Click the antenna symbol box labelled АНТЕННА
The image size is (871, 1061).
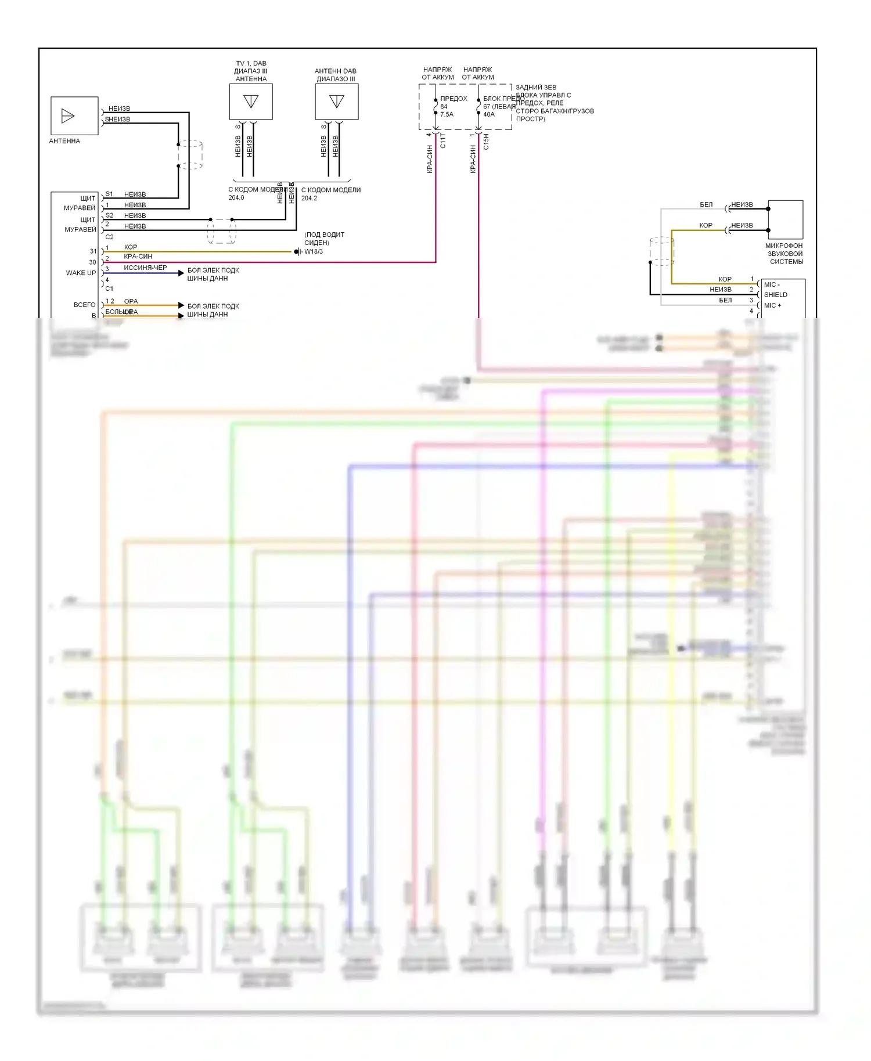click(74, 116)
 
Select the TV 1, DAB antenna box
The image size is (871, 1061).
click(251, 102)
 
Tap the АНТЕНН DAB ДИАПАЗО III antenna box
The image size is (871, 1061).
click(336, 102)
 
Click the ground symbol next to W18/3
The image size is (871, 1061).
click(297, 252)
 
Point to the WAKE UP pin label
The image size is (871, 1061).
click(81, 273)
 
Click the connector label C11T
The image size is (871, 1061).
click(443, 140)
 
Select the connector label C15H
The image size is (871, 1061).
click(486, 142)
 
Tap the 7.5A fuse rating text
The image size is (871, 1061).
click(447, 114)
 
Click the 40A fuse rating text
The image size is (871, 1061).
click(489, 114)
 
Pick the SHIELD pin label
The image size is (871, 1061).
click(775, 295)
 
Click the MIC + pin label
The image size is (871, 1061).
click(772, 305)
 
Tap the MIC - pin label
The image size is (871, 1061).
click(772, 284)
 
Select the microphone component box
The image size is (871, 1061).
click(785, 219)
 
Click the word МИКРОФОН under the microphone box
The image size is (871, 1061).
click(784, 246)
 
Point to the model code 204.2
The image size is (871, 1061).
click(309, 198)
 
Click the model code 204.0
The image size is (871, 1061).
click(236, 198)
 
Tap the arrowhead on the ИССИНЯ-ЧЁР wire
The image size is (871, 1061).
click(181, 273)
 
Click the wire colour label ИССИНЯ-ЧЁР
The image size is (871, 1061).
click(145, 268)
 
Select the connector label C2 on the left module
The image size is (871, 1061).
click(109, 237)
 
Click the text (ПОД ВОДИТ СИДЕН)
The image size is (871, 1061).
click(324, 239)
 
